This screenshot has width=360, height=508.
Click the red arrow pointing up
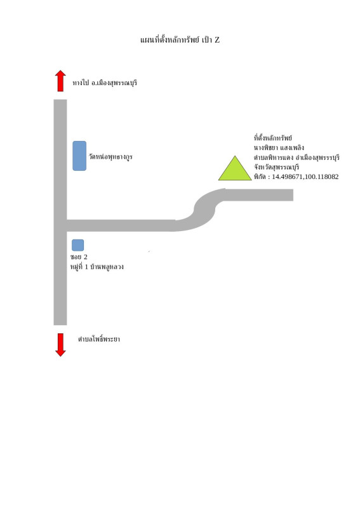[60, 81]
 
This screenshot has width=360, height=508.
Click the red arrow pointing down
[60, 345]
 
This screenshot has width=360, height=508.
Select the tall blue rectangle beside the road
[79, 156]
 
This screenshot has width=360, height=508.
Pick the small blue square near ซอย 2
[77, 245]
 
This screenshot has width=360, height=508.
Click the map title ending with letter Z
[180, 40]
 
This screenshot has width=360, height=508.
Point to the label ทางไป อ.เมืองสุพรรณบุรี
[105, 83]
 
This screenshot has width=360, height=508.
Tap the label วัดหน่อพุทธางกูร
[111, 157]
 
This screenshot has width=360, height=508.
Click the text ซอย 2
[79, 257]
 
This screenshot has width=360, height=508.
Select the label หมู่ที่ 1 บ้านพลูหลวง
[97, 267]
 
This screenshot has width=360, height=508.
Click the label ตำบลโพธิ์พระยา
[99, 339]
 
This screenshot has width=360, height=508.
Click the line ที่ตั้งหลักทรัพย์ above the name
[273, 138]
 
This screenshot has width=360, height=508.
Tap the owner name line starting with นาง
[279, 148]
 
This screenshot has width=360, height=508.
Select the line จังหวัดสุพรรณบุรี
[276, 167]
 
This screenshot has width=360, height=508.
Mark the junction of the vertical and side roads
[60, 225]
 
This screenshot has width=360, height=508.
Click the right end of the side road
[293, 195]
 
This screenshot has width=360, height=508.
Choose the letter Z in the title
[217, 40]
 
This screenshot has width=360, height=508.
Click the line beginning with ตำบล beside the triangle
[297, 157]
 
